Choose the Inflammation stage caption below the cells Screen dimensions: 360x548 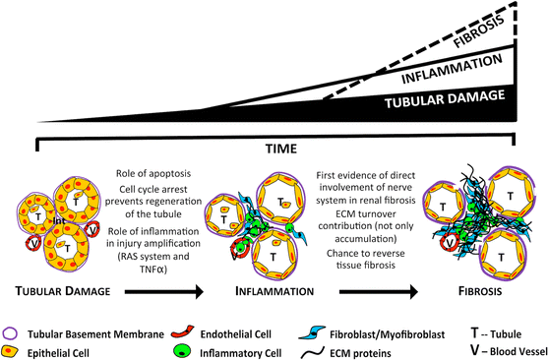click(274, 291)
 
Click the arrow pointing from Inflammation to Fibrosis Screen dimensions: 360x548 click(374, 291)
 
